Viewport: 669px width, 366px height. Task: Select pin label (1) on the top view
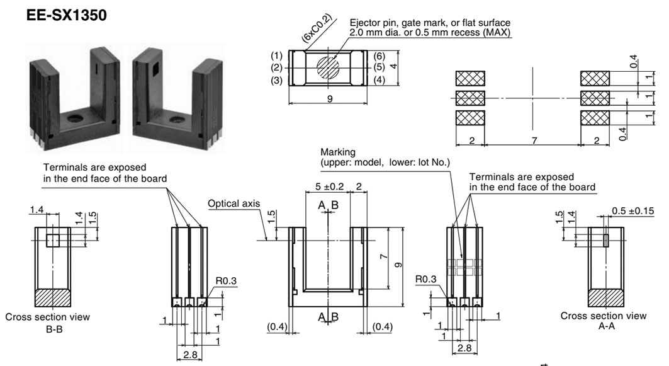pos(276,55)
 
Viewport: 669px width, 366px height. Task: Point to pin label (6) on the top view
pos(379,55)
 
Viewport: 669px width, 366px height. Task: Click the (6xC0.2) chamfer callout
pos(318,30)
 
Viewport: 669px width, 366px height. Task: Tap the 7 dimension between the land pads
pos(534,141)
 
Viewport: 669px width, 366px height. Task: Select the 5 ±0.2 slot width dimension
pos(328,186)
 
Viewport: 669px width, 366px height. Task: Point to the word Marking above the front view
pos(338,152)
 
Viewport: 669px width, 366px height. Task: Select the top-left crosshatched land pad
pos(470,78)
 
